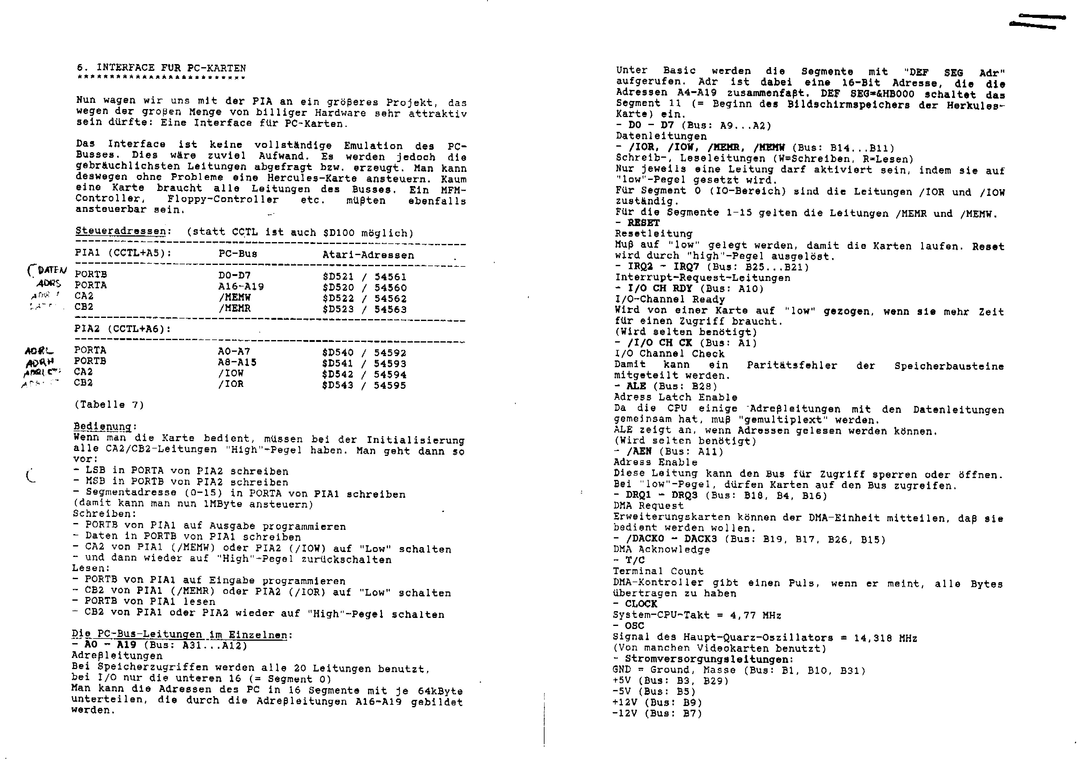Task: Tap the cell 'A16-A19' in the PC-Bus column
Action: point(241,286)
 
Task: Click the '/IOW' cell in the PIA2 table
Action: point(231,373)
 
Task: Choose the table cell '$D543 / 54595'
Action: point(364,385)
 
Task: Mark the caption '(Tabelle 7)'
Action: point(109,405)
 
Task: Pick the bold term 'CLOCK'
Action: point(641,604)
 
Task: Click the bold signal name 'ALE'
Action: point(636,386)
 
